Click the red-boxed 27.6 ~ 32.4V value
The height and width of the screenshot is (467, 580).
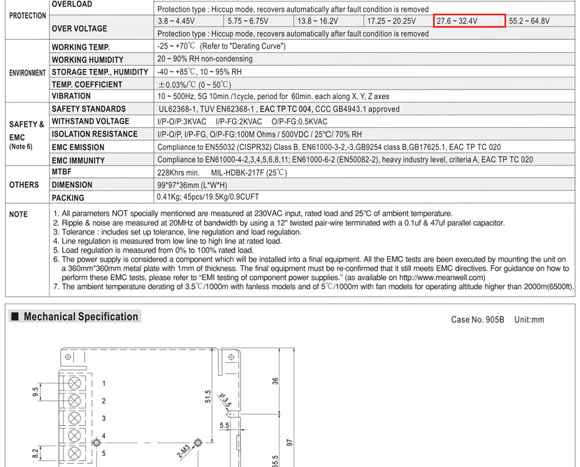[x=468, y=21]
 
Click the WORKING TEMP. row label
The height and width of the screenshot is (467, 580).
[x=81, y=47]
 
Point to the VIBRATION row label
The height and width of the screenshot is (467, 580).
[x=71, y=96]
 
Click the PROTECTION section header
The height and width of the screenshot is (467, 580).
[x=27, y=15]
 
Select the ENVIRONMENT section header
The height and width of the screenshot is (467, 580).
[x=27, y=73]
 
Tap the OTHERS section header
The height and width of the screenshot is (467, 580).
[x=24, y=185]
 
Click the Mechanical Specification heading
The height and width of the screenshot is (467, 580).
[x=80, y=317]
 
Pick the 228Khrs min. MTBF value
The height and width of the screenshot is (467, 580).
[x=179, y=172]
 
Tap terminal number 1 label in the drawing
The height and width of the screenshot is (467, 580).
[x=103, y=384]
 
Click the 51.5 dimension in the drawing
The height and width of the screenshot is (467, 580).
[x=208, y=396]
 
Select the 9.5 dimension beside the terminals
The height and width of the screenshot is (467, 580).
[x=36, y=392]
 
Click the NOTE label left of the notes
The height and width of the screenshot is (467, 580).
[x=18, y=214]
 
